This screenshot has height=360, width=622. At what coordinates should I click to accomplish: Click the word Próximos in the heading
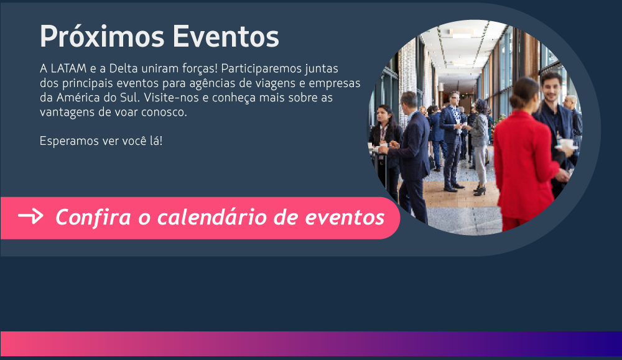pyautogui.click(x=102, y=37)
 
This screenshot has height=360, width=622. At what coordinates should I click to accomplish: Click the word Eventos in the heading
pyautogui.click(x=226, y=37)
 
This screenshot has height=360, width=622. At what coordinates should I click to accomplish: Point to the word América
pyautogui.click(x=78, y=98)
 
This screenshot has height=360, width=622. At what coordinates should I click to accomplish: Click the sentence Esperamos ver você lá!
pyautogui.click(x=101, y=141)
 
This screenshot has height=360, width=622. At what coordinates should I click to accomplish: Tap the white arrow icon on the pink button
pyautogui.click(x=30, y=216)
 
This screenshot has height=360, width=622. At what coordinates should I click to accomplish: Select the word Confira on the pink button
pyautogui.click(x=93, y=217)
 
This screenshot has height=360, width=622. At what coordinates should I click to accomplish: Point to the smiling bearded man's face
pyautogui.click(x=551, y=88)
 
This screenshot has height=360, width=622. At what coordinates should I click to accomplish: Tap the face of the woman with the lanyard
pyautogui.click(x=382, y=115)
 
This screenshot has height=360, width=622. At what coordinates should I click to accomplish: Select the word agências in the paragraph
pyautogui.click(x=213, y=84)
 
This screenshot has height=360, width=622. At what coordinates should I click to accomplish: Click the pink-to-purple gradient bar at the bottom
pyautogui.click(x=311, y=343)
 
